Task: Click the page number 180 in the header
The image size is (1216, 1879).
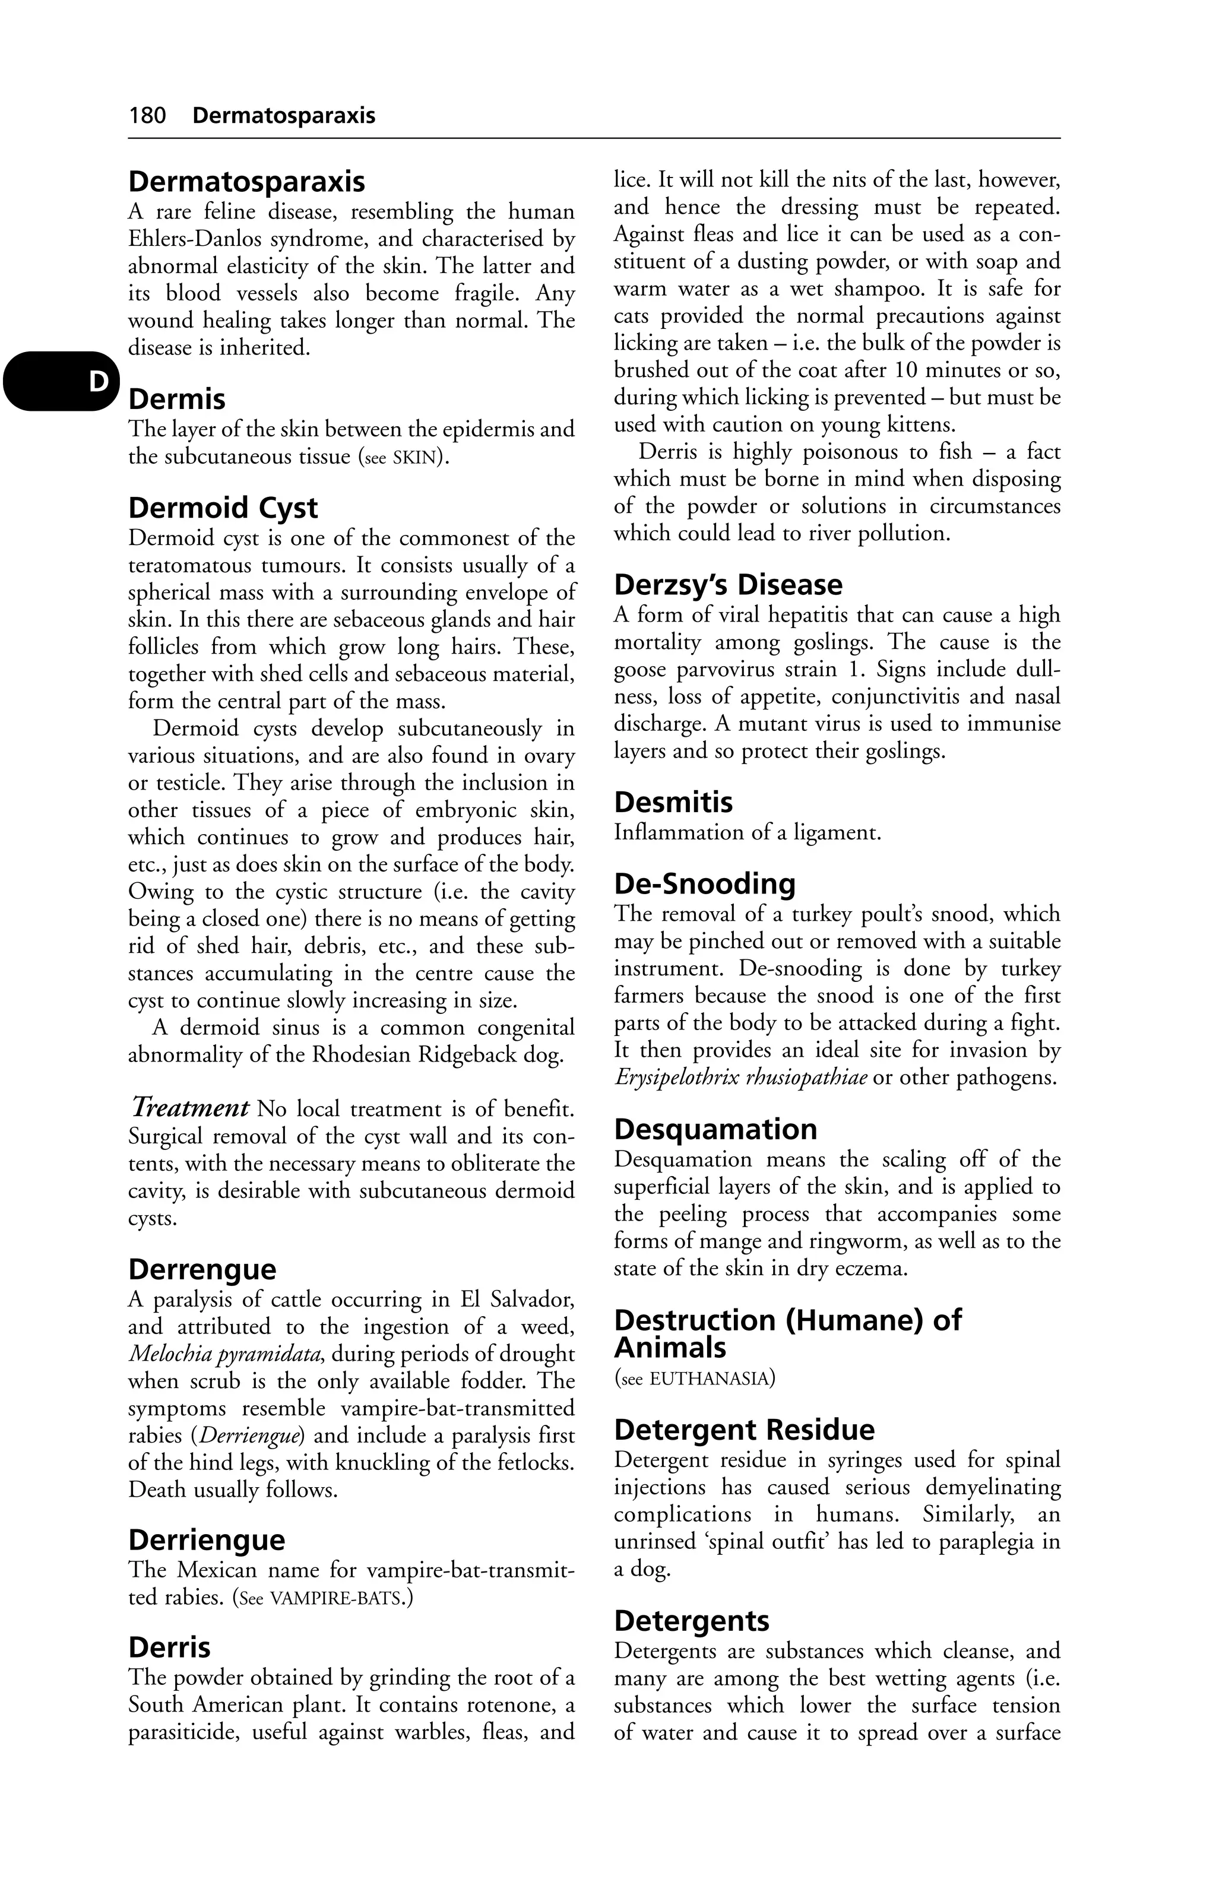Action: click(x=148, y=116)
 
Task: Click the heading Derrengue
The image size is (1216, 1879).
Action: click(x=202, y=1269)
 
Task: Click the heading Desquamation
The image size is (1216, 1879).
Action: click(x=715, y=1130)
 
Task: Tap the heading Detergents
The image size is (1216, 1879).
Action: click(x=692, y=1621)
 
